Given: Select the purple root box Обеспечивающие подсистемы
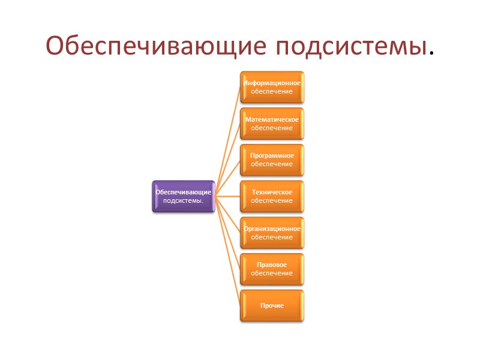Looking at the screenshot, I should coord(184,196).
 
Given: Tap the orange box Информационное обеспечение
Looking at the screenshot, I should coord(272,87).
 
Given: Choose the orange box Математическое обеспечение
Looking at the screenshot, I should coord(272,124).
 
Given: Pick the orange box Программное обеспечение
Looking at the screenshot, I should coord(272,160).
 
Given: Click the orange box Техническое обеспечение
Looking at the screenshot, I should coord(272,196).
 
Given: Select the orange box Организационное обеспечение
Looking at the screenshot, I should coord(272,233).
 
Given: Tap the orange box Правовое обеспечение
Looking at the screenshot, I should coord(272,269).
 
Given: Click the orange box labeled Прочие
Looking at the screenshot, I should coord(272,305).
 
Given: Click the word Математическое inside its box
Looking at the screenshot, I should coord(272,119).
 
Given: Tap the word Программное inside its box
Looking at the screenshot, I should coord(272,155).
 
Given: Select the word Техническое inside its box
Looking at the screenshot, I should coord(272,192).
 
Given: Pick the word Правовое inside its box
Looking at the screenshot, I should coord(272,265).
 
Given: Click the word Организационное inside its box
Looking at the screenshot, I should coord(272,229).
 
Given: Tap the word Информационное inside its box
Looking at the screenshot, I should coord(272,83).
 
